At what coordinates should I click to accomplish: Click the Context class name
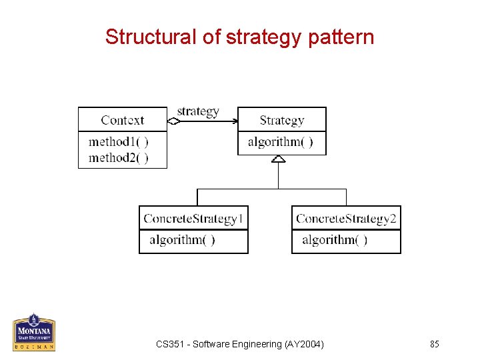pos(122,121)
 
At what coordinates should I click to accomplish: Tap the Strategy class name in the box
pos(281,121)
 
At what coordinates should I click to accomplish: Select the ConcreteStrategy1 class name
pos(193,219)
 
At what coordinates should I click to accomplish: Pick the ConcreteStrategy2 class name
pos(346,219)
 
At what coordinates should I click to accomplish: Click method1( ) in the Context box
pos(118,141)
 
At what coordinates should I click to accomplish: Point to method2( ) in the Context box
pos(118,157)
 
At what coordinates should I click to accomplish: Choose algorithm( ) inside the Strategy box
pos(280,142)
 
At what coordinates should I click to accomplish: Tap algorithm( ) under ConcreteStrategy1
pos(182,240)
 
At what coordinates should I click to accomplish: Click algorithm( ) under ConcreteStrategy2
pos(335,240)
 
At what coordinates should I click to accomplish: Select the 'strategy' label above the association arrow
pos(198,111)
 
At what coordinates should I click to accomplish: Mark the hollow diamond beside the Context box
pos(173,121)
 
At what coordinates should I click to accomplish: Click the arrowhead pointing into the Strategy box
pos(234,121)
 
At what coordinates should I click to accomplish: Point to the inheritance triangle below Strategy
pos(279,159)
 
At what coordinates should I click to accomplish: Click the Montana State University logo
pos(33,331)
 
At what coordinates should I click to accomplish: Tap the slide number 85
pos(435,344)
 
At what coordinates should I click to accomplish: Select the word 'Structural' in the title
pos(151,37)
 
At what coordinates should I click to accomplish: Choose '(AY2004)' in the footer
pos(303,344)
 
